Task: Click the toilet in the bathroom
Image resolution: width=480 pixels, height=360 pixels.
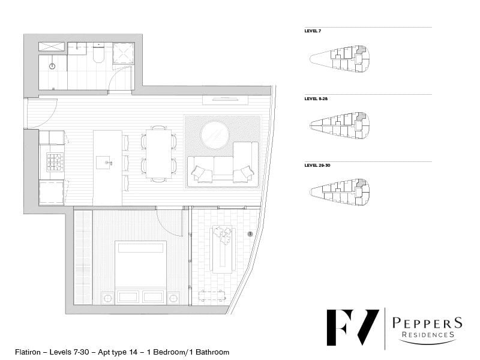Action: tap(98, 53)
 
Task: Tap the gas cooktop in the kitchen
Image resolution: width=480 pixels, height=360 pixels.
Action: tap(55, 162)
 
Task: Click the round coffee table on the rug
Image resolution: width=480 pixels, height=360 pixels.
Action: tap(215, 135)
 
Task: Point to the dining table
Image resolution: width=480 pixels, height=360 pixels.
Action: tap(158, 154)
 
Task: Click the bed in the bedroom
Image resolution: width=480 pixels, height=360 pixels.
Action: tap(140, 272)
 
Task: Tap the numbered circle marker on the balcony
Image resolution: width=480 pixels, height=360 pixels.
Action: tap(250, 234)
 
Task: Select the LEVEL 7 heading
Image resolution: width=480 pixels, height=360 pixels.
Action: tap(313, 31)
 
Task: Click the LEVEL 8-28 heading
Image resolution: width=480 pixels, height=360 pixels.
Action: tap(316, 98)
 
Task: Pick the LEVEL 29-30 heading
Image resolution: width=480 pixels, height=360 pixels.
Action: tap(317, 166)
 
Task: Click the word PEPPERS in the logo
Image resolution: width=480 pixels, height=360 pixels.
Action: tap(427, 323)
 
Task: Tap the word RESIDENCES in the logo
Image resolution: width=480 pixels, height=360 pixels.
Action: tap(428, 335)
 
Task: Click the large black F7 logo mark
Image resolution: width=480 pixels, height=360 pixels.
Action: tap(353, 328)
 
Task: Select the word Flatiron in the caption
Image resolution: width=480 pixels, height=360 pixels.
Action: tap(28, 352)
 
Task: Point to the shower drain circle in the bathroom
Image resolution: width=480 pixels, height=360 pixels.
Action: tap(52, 66)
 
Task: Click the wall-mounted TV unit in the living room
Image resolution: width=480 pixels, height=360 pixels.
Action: tap(225, 100)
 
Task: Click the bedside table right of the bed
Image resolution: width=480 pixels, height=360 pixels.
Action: tap(173, 298)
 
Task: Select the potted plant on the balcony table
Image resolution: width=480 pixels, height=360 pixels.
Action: tap(223, 235)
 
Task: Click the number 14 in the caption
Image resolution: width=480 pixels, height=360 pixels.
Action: tap(133, 352)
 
